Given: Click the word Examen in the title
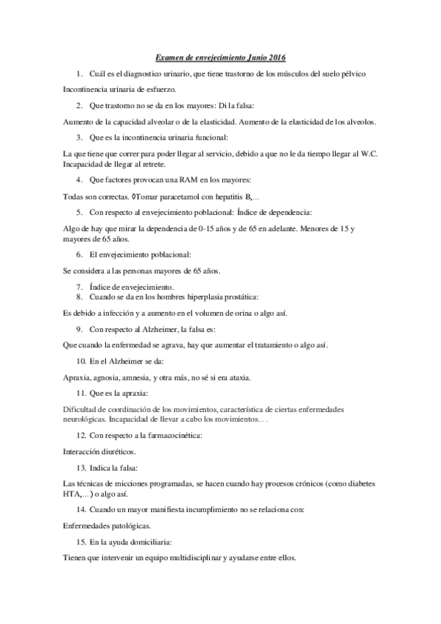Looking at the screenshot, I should click(x=171, y=57).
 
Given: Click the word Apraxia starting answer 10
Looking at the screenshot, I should click(x=77, y=377).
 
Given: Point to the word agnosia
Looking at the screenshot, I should click(x=111, y=377).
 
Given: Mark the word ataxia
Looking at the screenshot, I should click(x=238, y=377).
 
